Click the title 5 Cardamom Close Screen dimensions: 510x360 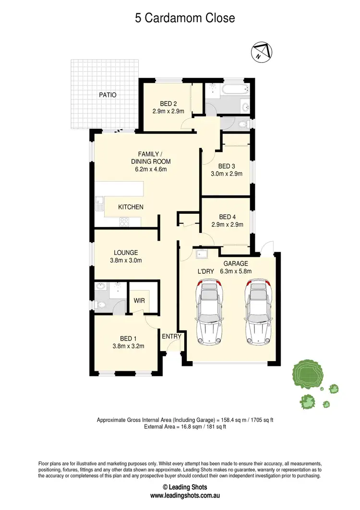[185, 18]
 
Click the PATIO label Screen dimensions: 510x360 [108, 95]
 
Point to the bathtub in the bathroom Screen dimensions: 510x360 [232, 89]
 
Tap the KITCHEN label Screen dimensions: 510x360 [131, 207]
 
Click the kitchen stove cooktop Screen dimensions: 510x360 [124, 221]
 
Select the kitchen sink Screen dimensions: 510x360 [99, 204]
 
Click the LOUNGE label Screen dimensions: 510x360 [126, 253]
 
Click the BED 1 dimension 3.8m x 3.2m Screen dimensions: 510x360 [128, 346]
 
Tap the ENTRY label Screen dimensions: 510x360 [171, 336]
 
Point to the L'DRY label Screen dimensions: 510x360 [205, 271]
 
